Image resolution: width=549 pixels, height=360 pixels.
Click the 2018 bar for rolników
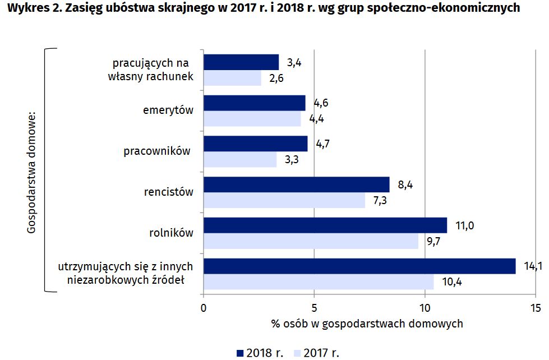coord(325,225)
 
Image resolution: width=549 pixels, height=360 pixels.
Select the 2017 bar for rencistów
coord(284,200)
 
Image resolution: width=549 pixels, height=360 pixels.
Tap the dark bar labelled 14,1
coord(359,266)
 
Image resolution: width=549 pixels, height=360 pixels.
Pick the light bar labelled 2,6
coord(233,78)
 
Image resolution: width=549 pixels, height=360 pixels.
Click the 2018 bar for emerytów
coord(255,103)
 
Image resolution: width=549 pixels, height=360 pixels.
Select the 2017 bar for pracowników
coord(240,160)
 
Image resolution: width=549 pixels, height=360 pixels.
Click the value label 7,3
coord(381,200)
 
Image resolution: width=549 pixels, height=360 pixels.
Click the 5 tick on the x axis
coord(314,307)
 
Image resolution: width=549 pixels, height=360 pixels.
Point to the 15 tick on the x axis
coord(536,307)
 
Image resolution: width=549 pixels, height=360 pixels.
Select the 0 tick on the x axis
coord(204,307)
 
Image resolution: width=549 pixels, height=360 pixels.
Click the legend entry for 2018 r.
coord(260,353)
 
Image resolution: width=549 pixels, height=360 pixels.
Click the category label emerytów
coord(168,110)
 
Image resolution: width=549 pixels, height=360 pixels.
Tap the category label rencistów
coord(168,192)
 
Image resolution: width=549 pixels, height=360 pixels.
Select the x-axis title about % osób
coord(367,324)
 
